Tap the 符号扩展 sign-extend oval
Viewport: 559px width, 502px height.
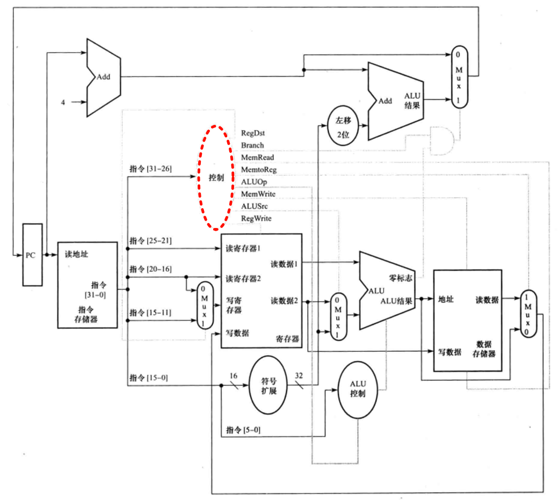268,386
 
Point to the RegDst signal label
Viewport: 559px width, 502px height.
253,133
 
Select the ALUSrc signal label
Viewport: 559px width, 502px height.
255,206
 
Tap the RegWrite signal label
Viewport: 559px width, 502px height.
256,219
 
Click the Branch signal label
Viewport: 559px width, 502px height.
252,145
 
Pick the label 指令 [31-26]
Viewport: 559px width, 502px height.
150,168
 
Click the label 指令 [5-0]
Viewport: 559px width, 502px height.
244,430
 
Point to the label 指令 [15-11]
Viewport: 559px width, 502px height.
150,312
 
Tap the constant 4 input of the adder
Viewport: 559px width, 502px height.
63,102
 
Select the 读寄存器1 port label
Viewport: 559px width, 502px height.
243,249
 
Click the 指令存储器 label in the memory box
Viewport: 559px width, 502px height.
88,315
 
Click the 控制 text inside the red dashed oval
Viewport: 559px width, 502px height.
217,178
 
